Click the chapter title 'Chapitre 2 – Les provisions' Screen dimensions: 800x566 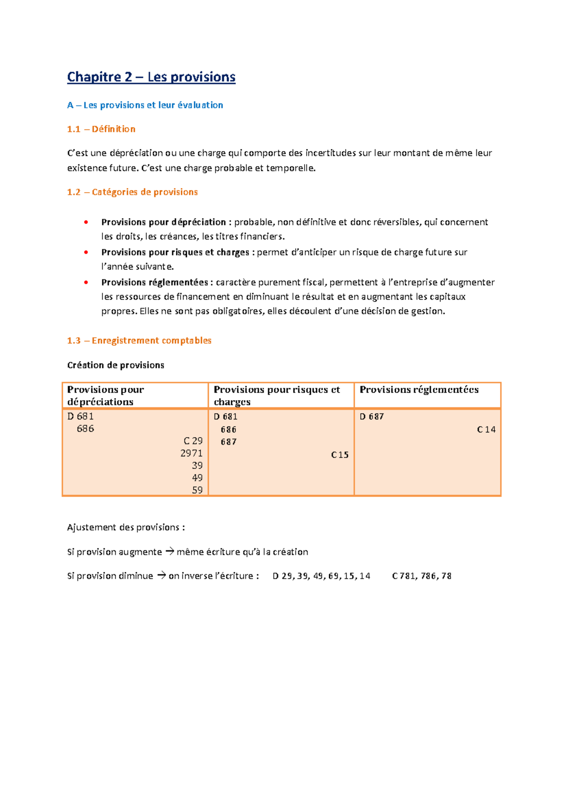[x=151, y=77]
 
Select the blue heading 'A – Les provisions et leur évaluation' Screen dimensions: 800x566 [x=145, y=105]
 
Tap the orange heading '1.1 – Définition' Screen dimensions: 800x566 [x=101, y=129]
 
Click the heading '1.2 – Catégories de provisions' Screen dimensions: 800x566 [x=132, y=192]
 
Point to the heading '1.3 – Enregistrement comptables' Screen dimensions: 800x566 [x=139, y=340]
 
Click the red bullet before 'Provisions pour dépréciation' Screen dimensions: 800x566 [x=86, y=222]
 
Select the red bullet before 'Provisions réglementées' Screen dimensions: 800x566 [x=86, y=282]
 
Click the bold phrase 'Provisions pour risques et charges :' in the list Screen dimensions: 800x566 [x=177, y=252]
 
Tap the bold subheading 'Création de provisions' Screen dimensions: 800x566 [x=116, y=365]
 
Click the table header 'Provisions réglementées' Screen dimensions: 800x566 [x=419, y=390]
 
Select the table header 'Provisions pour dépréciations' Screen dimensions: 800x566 [x=105, y=395]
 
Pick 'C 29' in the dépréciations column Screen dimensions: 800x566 [x=193, y=441]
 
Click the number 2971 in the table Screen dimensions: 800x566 [x=191, y=453]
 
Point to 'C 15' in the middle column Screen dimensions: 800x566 [x=340, y=455]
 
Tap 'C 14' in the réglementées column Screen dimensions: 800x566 [x=486, y=429]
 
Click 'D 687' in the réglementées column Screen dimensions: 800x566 [x=371, y=416]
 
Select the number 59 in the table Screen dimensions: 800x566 [x=197, y=490]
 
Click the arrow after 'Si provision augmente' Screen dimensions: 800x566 [x=169, y=551]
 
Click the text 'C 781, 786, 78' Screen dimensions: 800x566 [x=421, y=576]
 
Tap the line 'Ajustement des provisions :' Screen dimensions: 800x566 [x=126, y=527]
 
